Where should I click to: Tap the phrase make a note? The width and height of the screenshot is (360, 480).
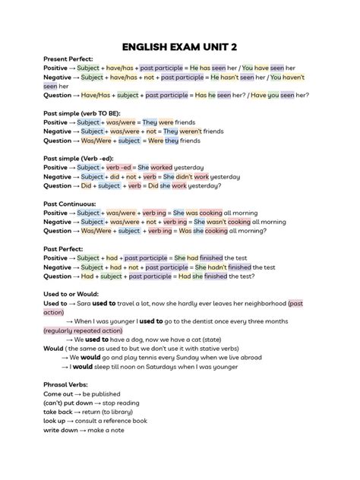coord(110,430)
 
